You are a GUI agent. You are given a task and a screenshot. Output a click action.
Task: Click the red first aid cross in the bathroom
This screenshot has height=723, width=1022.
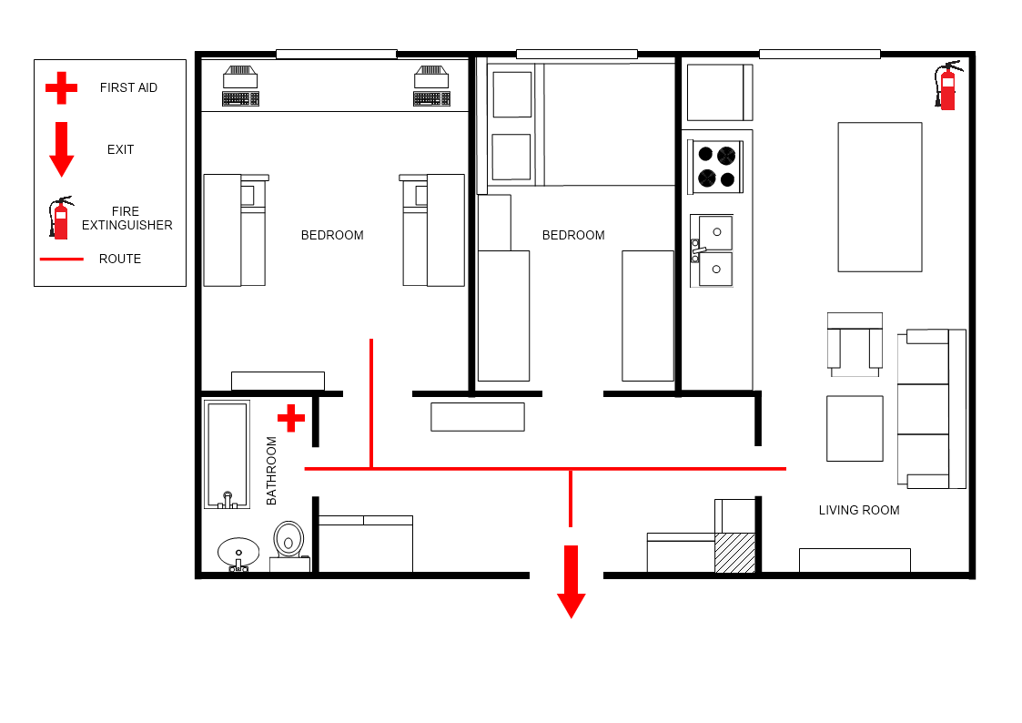click(290, 418)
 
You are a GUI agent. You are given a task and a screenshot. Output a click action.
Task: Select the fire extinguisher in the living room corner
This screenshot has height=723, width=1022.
click(947, 86)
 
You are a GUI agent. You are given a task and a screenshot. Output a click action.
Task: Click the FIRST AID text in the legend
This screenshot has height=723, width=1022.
click(128, 87)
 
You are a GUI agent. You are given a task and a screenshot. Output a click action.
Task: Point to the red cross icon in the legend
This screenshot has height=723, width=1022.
click(61, 88)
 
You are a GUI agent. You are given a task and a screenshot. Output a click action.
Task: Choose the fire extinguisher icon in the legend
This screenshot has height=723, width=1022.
click(61, 218)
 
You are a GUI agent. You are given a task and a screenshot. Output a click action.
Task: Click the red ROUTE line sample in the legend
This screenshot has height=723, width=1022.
click(62, 259)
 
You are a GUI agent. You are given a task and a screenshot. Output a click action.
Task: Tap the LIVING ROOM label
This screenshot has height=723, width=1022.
click(859, 511)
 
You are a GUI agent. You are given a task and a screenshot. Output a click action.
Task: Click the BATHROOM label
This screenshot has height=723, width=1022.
click(272, 471)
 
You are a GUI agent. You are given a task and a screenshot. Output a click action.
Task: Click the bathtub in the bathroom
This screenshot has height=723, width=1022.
click(227, 454)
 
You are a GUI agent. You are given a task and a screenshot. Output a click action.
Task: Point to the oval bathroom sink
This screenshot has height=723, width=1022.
click(238, 554)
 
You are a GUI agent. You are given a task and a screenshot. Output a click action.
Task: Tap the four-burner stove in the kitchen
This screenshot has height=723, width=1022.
click(716, 167)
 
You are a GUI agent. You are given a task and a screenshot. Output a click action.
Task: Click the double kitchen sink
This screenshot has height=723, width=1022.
click(713, 251)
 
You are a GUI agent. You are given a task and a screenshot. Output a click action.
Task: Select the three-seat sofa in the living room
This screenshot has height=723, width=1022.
click(931, 409)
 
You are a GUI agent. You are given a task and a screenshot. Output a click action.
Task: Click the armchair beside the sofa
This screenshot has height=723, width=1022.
click(855, 344)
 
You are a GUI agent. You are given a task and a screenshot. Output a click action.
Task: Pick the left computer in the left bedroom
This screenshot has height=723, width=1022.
click(240, 86)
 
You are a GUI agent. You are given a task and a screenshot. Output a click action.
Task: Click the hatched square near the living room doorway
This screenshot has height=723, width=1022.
click(735, 554)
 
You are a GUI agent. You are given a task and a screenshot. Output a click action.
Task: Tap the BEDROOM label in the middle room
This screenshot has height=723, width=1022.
click(573, 235)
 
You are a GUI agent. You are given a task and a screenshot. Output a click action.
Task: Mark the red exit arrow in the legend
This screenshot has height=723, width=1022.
click(61, 149)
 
